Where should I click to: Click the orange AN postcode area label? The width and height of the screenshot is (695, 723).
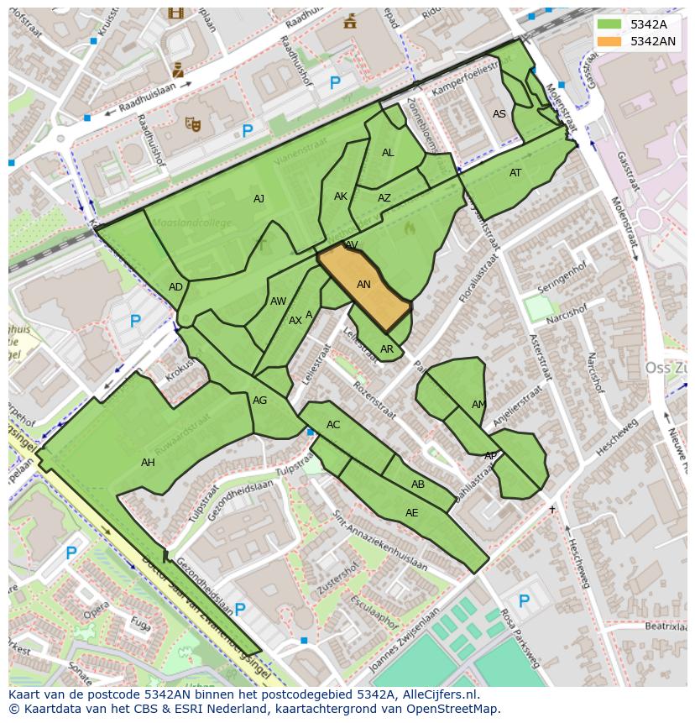(363, 285)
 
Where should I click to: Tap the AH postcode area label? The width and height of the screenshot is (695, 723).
(148, 463)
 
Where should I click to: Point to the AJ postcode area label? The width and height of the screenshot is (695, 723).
(259, 199)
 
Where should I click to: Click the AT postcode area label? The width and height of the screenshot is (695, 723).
(515, 173)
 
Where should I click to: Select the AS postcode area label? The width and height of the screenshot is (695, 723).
(499, 114)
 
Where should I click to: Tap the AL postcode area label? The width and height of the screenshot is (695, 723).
(388, 153)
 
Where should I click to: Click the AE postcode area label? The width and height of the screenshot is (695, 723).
(411, 513)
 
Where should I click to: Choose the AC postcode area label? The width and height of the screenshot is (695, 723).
(333, 425)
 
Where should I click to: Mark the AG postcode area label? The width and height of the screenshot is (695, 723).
(260, 401)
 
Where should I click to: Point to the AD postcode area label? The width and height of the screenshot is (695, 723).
(175, 287)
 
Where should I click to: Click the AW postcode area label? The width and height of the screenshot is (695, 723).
(279, 301)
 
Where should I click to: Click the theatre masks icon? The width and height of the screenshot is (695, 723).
(193, 125)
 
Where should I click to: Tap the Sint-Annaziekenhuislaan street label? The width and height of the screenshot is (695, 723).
(379, 542)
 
